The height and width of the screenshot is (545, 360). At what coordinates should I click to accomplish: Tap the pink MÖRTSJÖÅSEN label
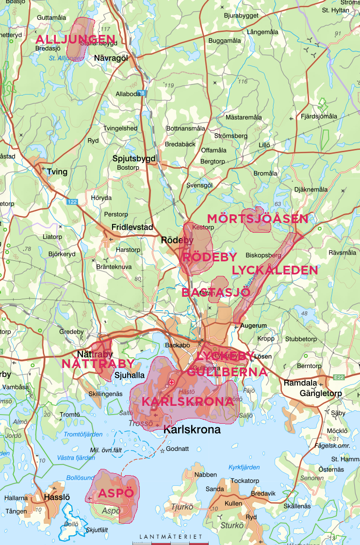click(257, 219)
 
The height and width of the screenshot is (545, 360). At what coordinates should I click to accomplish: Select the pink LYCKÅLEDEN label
click(275, 270)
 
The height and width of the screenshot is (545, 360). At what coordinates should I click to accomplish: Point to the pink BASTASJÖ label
click(215, 292)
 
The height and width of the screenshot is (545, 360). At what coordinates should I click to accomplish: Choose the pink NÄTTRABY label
click(98, 364)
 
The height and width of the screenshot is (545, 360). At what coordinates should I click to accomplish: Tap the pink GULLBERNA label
click(227, 372)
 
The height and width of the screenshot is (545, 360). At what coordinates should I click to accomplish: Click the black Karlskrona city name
click(192, 430)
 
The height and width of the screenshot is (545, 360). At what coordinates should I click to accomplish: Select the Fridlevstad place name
click(132, 227)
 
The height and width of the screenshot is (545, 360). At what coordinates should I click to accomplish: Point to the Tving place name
click(57, 172)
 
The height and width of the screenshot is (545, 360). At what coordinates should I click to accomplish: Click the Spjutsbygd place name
click(134, 158)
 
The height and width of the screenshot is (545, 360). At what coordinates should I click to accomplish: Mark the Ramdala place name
click(301, 383)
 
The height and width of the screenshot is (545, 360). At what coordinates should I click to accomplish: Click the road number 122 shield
click(72, 202)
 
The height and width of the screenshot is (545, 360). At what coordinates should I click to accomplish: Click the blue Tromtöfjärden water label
click(83, 434)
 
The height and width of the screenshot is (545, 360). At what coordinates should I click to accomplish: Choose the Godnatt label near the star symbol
click(177, 449)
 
